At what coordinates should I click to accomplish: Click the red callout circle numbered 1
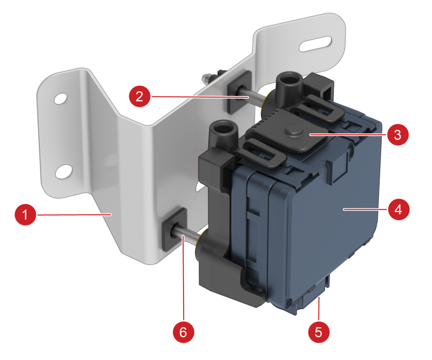click(25, 215)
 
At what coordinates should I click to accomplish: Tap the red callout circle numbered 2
click(140, 97)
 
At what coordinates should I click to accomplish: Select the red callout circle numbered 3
click(397, 135)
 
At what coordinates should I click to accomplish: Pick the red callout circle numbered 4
click(399, 209)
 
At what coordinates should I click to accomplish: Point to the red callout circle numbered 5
click(319, 332)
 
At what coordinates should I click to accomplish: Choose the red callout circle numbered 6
click(184, 332)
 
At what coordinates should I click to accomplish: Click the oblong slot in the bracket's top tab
click(315, 44)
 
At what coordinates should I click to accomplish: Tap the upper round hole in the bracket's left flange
click(60, 99)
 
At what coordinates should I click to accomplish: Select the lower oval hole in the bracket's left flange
click(64, 172)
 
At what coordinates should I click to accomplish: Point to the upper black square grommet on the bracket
click(240, 92)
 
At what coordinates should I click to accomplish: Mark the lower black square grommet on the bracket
click(174, 229)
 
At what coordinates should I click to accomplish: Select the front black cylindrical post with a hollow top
click(222, 133)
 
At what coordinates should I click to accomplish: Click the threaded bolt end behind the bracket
click(209, 78)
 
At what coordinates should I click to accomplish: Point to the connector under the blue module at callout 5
click(313, 295)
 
